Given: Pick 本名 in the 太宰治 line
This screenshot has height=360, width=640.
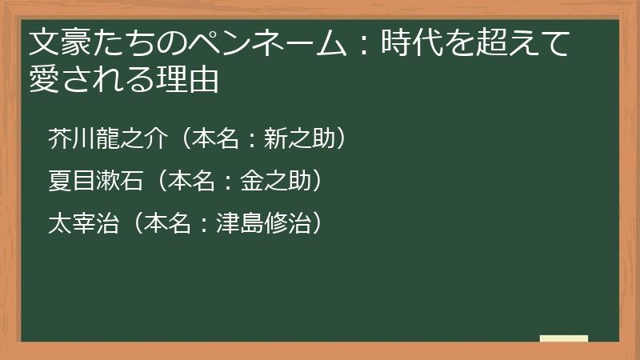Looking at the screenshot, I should point(169,223).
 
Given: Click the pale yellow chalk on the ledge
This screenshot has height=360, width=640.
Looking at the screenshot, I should point(564,338).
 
